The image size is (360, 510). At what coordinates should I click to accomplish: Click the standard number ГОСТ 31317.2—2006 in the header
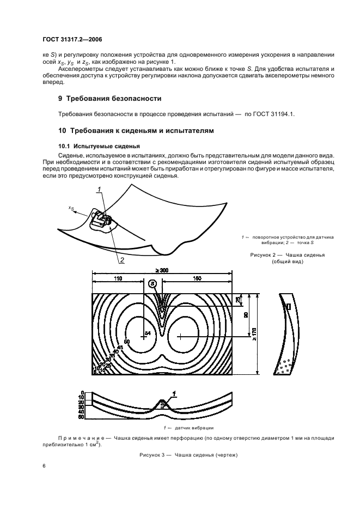point(71,39)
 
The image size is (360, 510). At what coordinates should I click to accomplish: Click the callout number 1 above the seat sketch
point(100,190)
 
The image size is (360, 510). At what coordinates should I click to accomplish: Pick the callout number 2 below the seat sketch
point(122,260)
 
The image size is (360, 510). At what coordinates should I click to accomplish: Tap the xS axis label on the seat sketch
point(72,208)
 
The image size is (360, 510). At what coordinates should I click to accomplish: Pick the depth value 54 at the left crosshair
point(147,332)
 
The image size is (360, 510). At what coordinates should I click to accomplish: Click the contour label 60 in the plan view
point(126,342)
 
